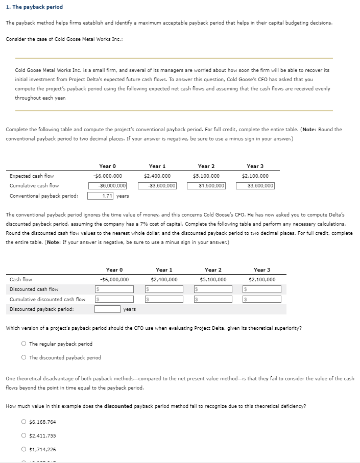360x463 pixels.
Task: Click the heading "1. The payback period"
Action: tap(34, 7)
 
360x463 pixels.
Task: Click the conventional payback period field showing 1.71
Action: tap(101, 196)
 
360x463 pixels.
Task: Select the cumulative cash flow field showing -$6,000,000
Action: tap(108, 186)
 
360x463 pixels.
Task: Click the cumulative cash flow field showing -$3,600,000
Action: tap(157, 186)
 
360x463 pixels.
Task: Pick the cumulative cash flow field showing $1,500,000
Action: tap(206, 186)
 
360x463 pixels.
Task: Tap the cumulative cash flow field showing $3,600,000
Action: tap(255, 186)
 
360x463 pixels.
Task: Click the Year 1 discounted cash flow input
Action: tap(163, 289)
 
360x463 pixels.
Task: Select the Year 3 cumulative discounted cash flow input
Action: tap(261, 299)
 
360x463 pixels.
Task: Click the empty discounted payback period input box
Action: tap(107, 309)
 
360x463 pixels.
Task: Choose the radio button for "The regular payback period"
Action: tap(24, 344)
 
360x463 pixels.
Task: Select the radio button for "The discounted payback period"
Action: tap(24, 357)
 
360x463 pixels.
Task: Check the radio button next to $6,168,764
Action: tap(24, 422)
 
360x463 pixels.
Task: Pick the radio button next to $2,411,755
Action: tap(24, 435)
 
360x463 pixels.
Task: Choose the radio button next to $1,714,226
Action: tap(24, 449)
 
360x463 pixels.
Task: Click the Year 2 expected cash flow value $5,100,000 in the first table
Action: tap(206, 176)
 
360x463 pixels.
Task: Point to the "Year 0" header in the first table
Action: tap(108, 166)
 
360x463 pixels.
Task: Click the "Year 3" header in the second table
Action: tap(261, 270)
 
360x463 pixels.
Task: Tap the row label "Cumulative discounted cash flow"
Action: tap(47, 299)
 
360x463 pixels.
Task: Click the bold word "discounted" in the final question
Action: tap(118, 406)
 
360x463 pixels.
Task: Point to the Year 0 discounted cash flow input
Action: tap(114, 289)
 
